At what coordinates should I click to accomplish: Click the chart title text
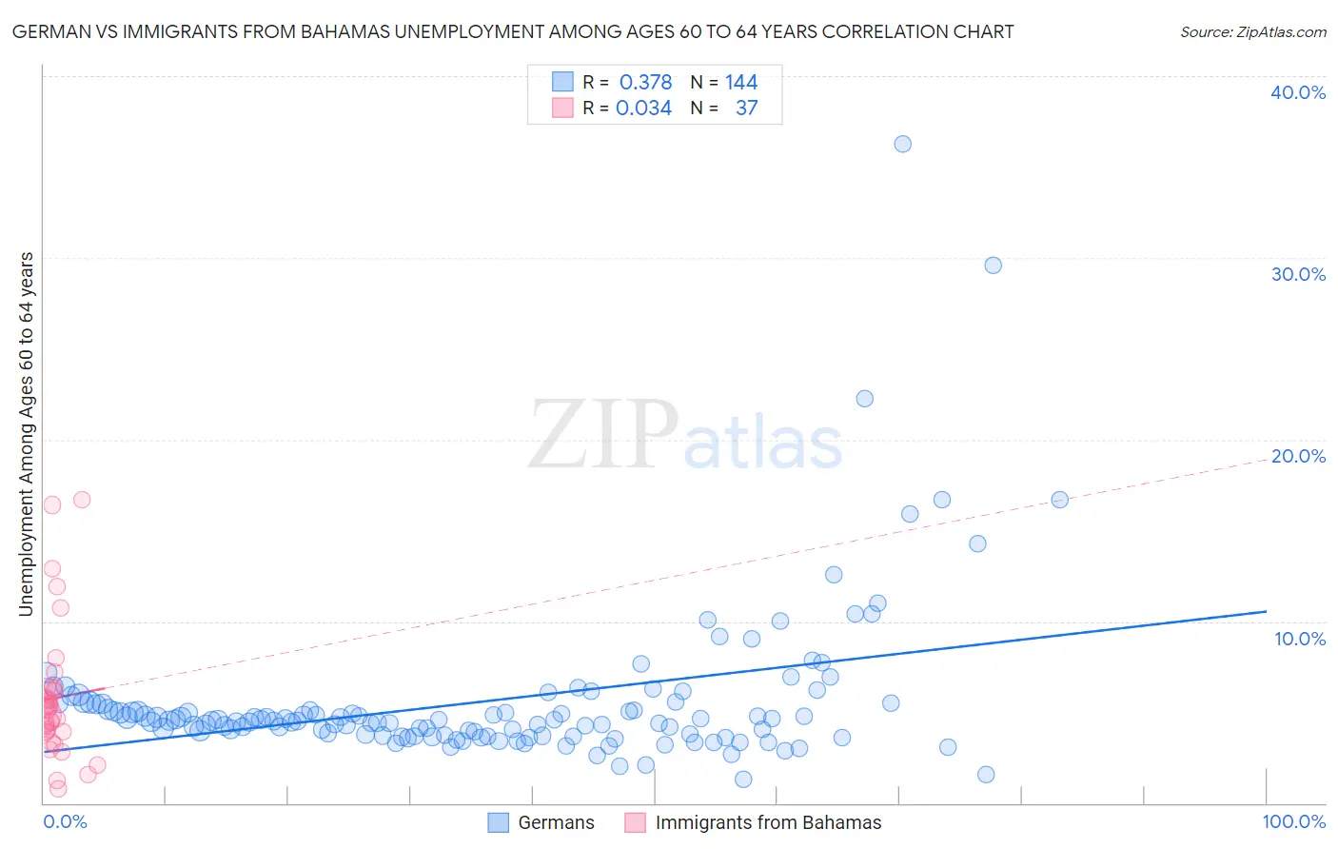[513, 31]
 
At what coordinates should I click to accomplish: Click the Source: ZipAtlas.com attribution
[1252, 31]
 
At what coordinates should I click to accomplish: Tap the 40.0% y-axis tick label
[1297, 92]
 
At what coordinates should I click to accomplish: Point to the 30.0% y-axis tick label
[1297, 274]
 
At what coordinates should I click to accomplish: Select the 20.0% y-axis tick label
[1297, 456]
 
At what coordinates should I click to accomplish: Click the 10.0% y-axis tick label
[1299, 639]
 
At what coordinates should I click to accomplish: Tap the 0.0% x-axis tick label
[65, 821]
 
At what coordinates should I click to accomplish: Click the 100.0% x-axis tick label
[1293, 821]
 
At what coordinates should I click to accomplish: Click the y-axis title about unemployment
[26, 434]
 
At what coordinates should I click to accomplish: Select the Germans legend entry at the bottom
[541, 822]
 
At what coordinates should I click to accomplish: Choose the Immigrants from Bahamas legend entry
[754, 822]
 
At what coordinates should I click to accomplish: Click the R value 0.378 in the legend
[645, 82]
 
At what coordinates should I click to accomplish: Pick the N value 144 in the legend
[741, 82]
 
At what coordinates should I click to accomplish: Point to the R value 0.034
[643, 108]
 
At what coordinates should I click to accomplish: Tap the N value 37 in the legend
[746, 108]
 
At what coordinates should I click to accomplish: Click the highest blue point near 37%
[902, 144]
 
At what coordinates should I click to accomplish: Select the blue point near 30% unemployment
[993, 266]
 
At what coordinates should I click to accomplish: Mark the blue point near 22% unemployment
[864, 399]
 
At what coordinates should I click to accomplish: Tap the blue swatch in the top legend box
[562, 82]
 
